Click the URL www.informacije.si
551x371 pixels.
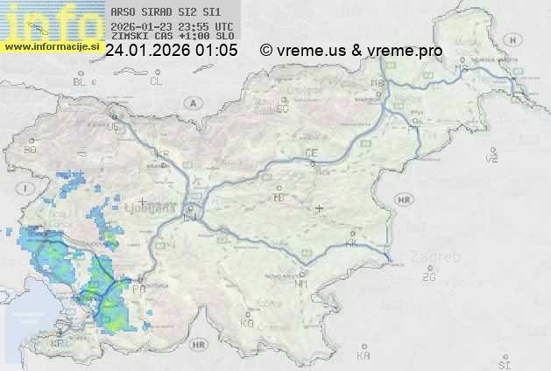tap(51, 46)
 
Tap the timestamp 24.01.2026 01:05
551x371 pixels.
tap(171, 51)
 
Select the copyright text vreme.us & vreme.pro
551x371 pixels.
tap(351, 51)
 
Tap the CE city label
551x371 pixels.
tap(310, 152)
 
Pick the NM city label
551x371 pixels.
tap(302, 283)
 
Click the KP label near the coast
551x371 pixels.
tap(58, 344)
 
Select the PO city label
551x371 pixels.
tap(138, 287)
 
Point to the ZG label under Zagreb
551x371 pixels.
tap(428, 277)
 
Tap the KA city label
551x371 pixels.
tap(364, 356)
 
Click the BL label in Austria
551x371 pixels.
tap(81, 81)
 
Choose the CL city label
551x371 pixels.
tap(156, 81)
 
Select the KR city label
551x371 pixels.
tap(162, 154)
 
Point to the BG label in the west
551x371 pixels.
tap(31, 150)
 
